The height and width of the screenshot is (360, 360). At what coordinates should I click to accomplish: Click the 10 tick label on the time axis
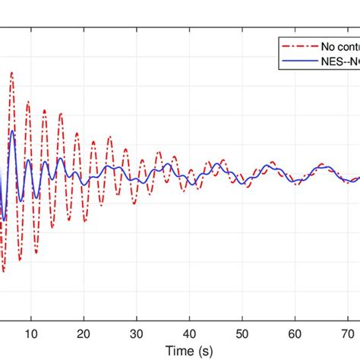(31, 332)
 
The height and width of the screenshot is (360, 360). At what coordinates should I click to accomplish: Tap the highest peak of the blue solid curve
(12, 131)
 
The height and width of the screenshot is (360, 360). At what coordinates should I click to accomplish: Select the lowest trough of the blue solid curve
(4, 220)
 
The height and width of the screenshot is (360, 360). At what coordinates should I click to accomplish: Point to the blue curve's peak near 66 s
(325, 165)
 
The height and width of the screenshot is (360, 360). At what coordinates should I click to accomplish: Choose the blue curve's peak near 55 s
(269, 164)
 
